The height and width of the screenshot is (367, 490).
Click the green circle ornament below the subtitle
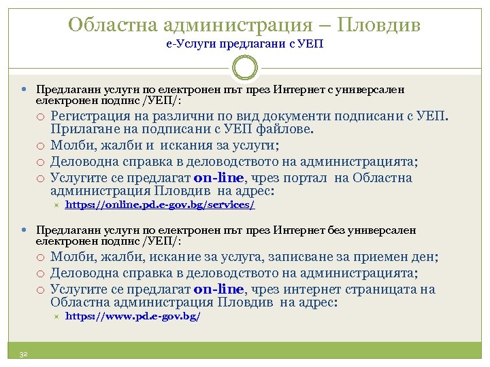point(245,68)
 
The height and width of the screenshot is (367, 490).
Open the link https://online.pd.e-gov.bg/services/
point(160,205)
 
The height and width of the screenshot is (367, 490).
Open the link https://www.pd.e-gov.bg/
point(133,317)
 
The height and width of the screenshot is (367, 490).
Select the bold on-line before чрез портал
point(218,178)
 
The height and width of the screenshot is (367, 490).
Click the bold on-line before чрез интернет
point(218,290)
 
